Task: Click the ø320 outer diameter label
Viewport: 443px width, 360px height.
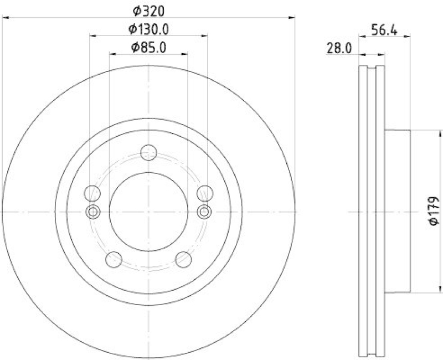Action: click(148, 11)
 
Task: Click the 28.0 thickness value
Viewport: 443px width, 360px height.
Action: click(339, 49)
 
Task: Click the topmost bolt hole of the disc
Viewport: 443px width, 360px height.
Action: click(148, 152)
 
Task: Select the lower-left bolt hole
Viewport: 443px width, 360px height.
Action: click(114, 259)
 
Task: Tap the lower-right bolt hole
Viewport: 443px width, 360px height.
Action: click(183, 259)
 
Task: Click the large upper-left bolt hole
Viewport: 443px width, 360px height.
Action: click(92, 193)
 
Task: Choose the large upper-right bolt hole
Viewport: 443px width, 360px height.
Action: click(205, 193)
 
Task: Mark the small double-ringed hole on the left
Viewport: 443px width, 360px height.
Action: click(93, 211)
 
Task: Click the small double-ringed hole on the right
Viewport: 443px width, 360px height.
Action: click(204, 211)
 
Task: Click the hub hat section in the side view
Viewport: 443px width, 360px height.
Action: click(398, 211)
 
